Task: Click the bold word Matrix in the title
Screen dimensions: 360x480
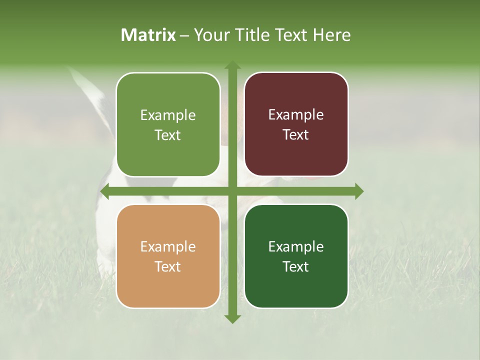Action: click(x=148, y=35)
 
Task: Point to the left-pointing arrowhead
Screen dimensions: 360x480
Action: click(x=104, y=191)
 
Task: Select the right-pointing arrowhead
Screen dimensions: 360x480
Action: click(x=359, y=191)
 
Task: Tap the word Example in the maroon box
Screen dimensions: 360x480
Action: click(x=296, y=114)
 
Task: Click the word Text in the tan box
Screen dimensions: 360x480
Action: click(x=168, y=266)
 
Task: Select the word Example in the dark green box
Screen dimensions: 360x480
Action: click(x=296, y=246)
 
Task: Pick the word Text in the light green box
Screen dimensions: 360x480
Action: click(x=168, y=135)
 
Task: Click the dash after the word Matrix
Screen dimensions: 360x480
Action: click(x=184, y=35)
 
